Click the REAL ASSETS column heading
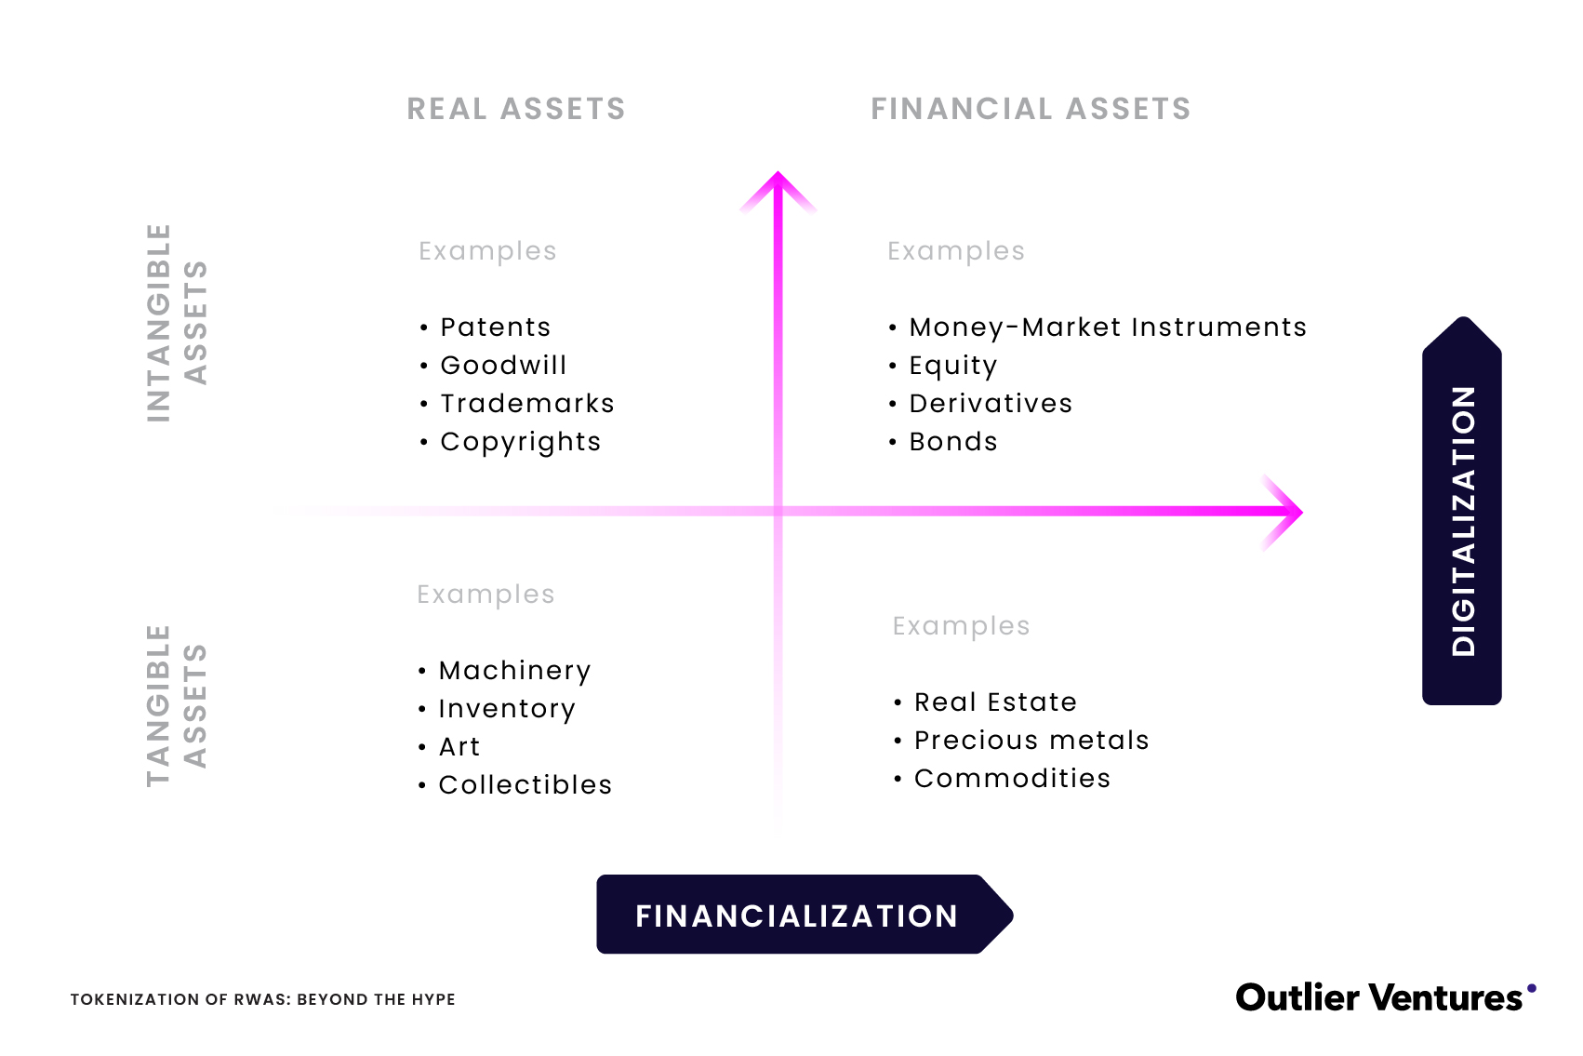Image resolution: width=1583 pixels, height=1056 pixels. pyautogui.click(x=516, y=109)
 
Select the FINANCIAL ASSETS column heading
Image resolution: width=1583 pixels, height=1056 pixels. pyautogui.click(x=1031, y=109)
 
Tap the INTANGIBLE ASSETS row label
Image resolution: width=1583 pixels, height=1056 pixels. pyautogui.click(x=176, y=323)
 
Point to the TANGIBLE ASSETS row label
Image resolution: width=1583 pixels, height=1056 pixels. pyautogui.click(x=176, y=705)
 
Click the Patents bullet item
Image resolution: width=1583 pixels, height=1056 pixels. pyautogui.click(x=495, y=327)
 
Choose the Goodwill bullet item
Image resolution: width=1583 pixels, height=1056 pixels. pyautogui.click(x=503, y=366)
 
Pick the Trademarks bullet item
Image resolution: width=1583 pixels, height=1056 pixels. pyautogui.click(x=526, y=404)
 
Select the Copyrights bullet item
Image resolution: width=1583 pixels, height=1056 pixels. pyautogui.click(x=520, y=443)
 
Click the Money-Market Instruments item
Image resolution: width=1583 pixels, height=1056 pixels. pyautogui.click(x=1107, y=327)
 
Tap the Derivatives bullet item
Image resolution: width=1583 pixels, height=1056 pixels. pyautogui.click(x=991, y=404)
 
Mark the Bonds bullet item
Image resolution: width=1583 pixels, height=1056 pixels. pyautogui.click(x=952, y=442)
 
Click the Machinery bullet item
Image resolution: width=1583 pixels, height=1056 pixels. pyautogui.click(x=514, y=671)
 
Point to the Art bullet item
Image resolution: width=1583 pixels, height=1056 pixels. pyautogui.click(x=459, y=747)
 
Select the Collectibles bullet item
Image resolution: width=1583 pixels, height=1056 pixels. pyautogui.click(x=525, y=785)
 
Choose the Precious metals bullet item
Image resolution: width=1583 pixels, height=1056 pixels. pyautogui.click(x=1031, y=741)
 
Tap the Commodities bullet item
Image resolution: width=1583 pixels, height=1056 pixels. pyautogui.click(x=1012, y=779)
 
